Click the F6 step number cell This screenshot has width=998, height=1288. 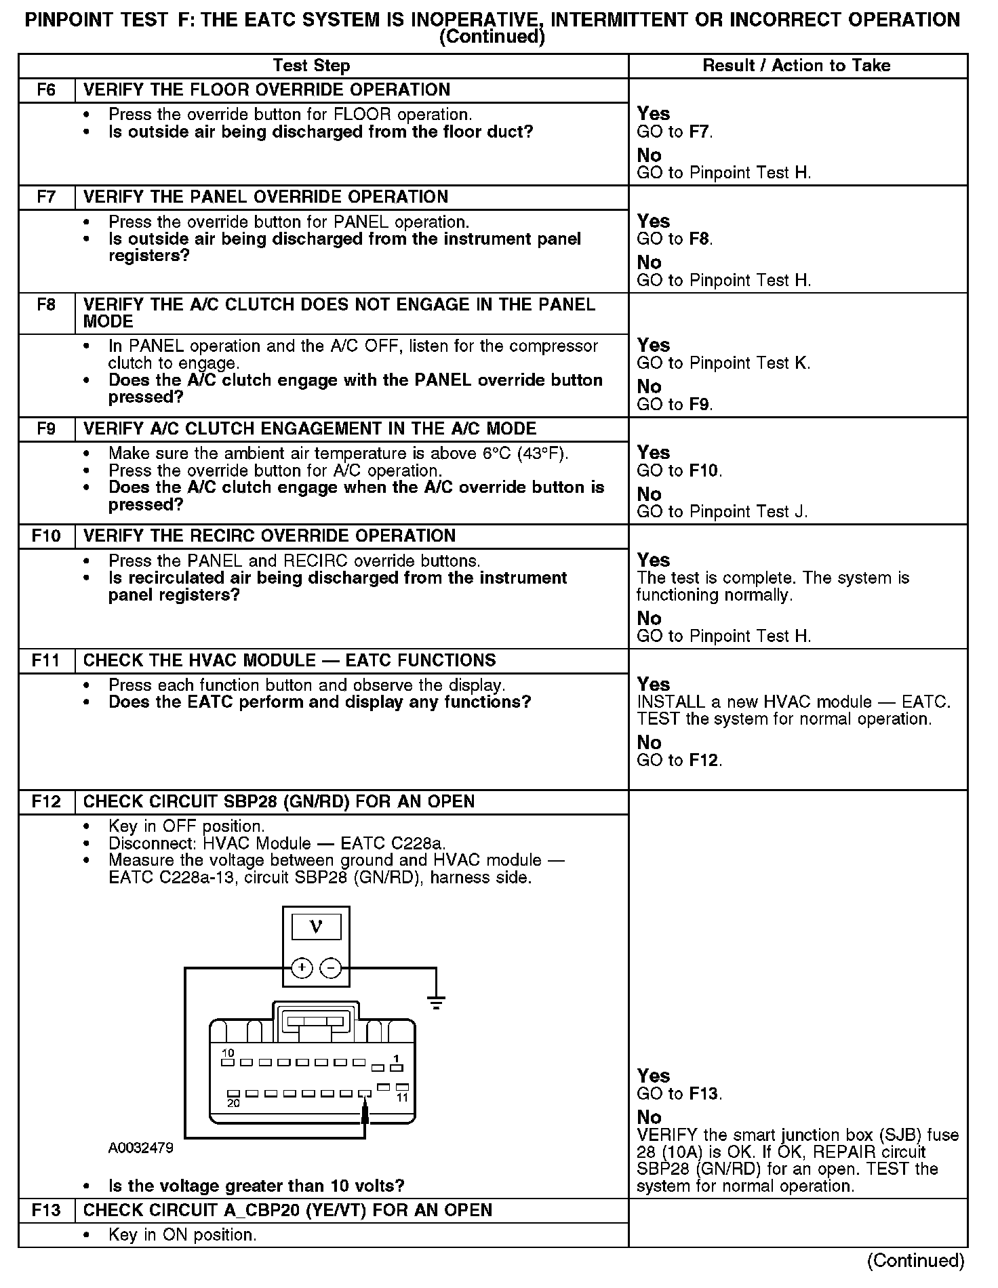click(x=46, y=90)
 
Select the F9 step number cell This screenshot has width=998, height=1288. click(x=46, y=429)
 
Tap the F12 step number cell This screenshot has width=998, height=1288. click(x=46, y=802)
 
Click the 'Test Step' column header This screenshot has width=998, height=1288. click(x=311, y=66)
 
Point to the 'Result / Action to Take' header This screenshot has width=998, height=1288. click(x=797, y=66)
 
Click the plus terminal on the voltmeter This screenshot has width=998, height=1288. click(x=302, y=968)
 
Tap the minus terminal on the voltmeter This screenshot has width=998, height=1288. click(x=331, y=968)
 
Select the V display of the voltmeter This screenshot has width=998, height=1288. click(x=316, y=927)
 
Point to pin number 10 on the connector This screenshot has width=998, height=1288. click(x=228, y=1053)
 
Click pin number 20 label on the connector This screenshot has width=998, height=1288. click(x=233, y=1103)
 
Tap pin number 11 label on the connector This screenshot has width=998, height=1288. click(x=402, y=1098)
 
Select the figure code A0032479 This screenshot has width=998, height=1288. click(x=140, y=1148)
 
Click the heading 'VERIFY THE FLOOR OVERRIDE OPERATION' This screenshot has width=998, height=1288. click(x=266, y=90)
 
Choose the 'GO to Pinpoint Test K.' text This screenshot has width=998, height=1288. click(x=723, y=363)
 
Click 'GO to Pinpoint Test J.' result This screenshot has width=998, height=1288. click(x=722, y=512)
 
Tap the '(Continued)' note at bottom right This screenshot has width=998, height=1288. click(x=915, y=1260)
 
